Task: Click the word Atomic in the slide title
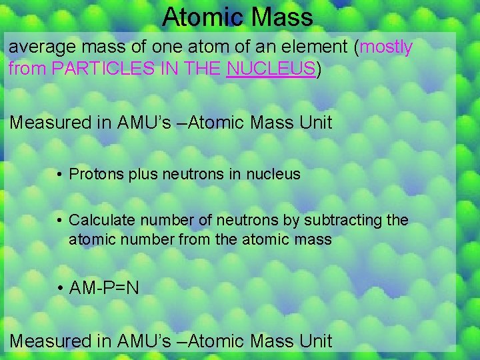click(199, 17)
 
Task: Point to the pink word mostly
click(386, 48)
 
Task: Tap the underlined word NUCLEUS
click(271, 68)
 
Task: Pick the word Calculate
click(100, 220)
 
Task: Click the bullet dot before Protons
click(59, 175)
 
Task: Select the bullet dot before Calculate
click(59, 221)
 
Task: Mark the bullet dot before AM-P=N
click(59, 289)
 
